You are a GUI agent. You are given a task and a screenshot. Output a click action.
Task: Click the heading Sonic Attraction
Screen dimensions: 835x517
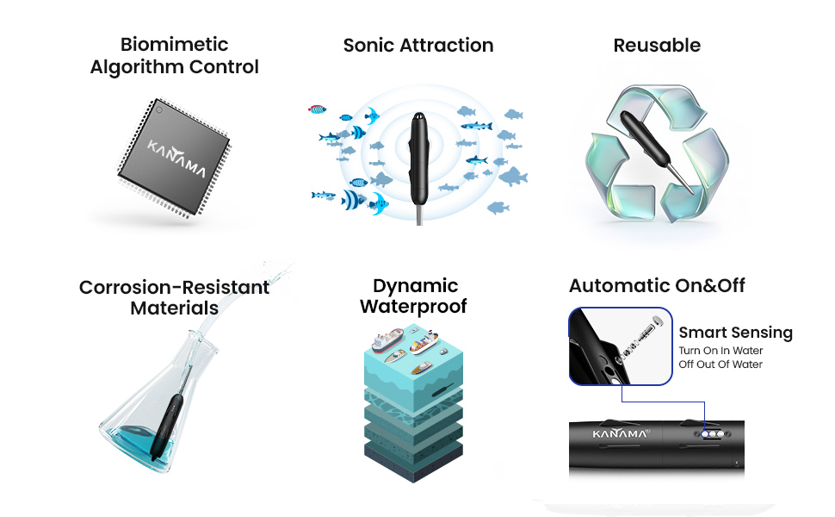click(418, 46)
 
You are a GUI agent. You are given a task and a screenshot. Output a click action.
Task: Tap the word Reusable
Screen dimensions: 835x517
click(657, 46)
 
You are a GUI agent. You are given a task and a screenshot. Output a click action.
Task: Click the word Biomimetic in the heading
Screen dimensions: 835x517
click(175, 44)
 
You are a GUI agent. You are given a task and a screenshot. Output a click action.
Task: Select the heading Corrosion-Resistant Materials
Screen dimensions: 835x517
click(175, 297)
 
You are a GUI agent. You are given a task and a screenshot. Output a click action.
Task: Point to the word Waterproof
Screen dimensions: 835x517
click(413, 307)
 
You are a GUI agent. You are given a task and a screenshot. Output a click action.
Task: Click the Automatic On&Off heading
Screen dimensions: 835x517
click(657, 286)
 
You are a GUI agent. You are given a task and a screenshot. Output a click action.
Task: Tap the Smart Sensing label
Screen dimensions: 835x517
click(735, 333)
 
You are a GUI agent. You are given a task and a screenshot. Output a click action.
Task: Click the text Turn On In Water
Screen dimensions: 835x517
click(721, 351)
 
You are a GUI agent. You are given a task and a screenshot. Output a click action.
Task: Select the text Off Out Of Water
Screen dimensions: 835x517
click(721, 364)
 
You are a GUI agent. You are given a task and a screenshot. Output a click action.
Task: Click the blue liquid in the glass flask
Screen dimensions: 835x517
click(139, 440)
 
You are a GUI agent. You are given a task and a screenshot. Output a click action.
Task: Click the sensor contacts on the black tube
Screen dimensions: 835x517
click(712, 436)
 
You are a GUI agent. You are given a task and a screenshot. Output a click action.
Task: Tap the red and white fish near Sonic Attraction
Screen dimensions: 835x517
click(318, 109)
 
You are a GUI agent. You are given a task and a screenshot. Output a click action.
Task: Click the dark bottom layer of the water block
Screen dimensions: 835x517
click(413, 452)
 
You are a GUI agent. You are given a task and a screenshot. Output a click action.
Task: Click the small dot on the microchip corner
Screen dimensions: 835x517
click(158, 109)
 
